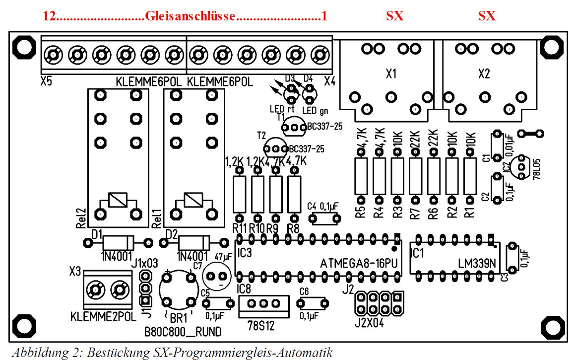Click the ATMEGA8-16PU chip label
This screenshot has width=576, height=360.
(360, 263)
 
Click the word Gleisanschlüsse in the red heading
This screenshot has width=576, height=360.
(190, 16)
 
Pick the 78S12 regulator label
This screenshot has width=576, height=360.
(262, 326)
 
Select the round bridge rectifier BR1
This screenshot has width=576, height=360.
(177, 288)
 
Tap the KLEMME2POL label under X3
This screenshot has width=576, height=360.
(103, 316)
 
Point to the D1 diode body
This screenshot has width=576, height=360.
(117, 243)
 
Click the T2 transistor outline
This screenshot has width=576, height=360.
(274, 148)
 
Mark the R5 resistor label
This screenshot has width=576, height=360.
(361, 212)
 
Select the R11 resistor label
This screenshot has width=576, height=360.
(240, 228)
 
